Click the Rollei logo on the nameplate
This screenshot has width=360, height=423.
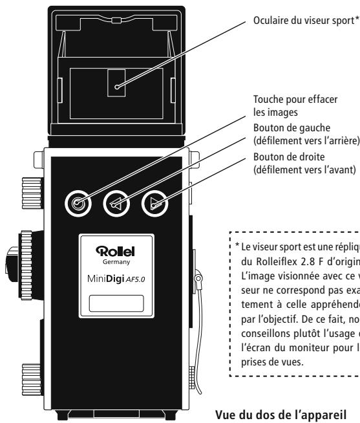click(x=116, y=250)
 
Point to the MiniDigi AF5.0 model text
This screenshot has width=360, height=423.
click(x=116, y=278)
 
